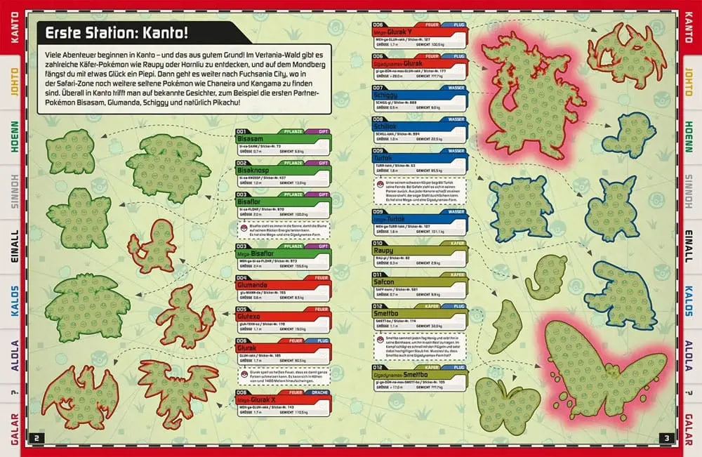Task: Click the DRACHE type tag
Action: (x=319, y=394)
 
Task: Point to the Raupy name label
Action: (x=385, y=250)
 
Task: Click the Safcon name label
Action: (x=386, y=282)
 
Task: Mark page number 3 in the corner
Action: (x=665, y=439)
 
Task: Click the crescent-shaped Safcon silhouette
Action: (x=506, y=327)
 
